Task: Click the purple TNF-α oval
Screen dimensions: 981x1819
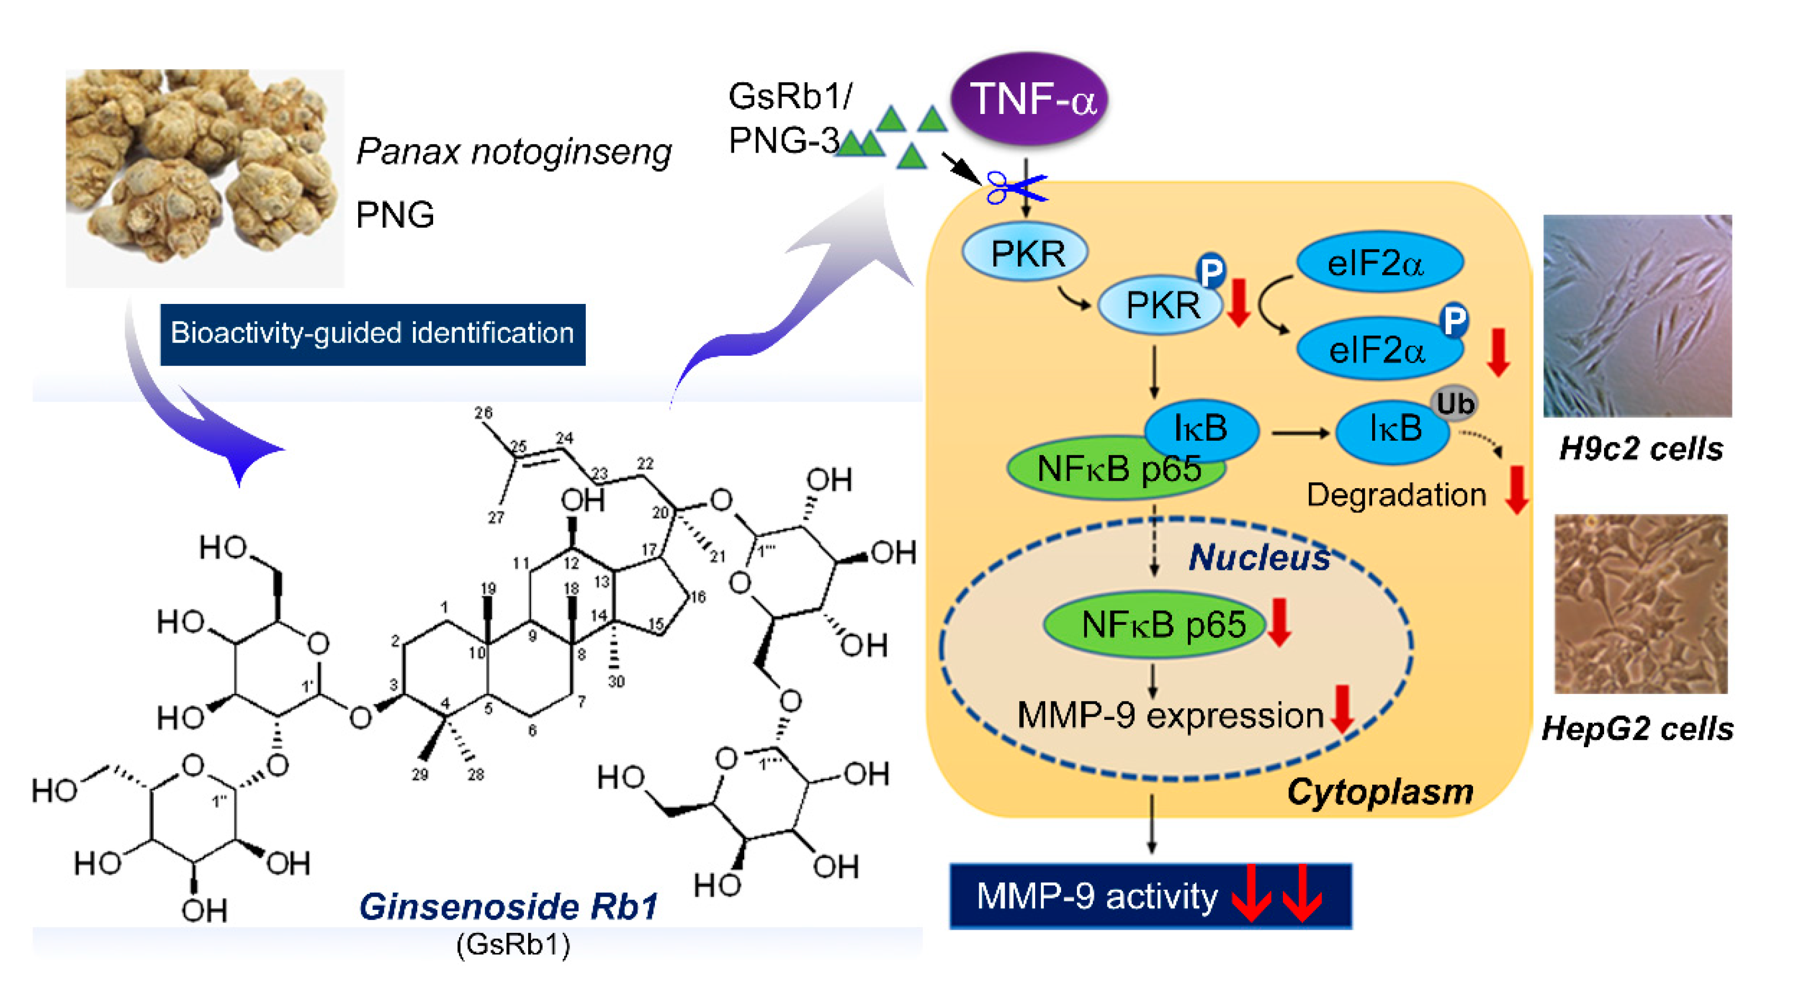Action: pyautogui.click(x=1029, y=99)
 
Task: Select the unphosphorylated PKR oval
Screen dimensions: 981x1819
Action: pyautogui.click(x=1025, y=253)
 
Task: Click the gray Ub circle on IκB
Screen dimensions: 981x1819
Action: pyautogui.click(x=1455, y=404)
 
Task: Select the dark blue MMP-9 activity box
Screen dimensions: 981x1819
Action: pyautogui.click(x=1151, y=897)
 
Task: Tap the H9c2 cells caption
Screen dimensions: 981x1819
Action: pyautogui.click(x=1640, y=449)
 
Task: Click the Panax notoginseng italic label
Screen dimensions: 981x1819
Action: pyautogui.click(x=513, y=152)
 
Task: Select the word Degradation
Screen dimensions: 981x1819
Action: pyautogui.click(x=1396, y=496)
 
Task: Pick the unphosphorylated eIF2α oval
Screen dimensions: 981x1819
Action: pyautogui.click(x=1379, y=263)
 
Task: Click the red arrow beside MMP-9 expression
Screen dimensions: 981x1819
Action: pyautogui.click(x=1342, y=709)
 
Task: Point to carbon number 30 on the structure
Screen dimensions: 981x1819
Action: pyautogui.click(x=616, y=682)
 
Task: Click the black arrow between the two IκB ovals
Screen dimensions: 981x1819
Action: pyautogui.click(x=1299, y=433)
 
